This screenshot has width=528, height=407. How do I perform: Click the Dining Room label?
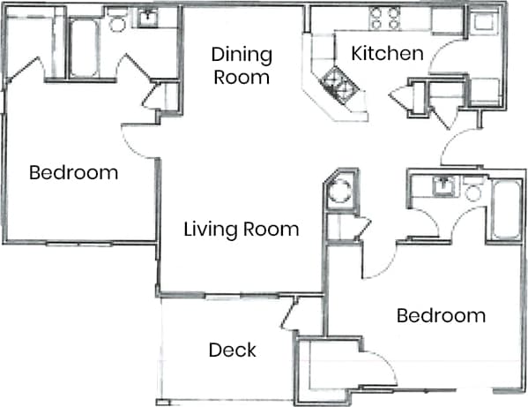[x=241, y=65]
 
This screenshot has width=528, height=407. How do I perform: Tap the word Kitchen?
[x=387, y=54]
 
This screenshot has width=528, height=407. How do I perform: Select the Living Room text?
[x=241, y=230]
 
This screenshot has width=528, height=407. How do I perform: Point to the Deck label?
[x=232, y=350]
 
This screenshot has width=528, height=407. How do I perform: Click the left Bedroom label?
[x=73, y=172]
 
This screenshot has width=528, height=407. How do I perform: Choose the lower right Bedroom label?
[x=440, y=315]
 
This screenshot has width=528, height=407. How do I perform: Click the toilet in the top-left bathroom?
[x=116, y=24]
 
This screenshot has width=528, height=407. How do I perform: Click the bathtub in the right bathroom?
[x=505, y=210]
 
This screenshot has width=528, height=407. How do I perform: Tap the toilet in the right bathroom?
[x=474, y=192]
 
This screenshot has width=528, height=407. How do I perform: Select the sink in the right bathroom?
[x=442, y=186]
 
